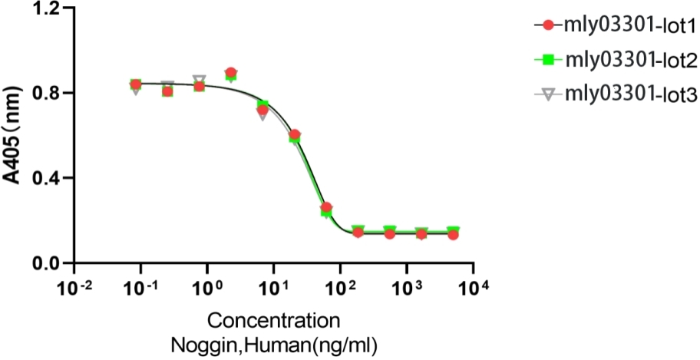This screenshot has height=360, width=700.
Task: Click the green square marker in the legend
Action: tap(548, 60)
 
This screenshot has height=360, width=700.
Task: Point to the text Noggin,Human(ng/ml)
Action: tap(274, 342)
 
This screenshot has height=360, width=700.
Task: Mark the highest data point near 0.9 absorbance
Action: tap(230, 73)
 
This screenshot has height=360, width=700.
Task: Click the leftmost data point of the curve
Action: tap(136, 84)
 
